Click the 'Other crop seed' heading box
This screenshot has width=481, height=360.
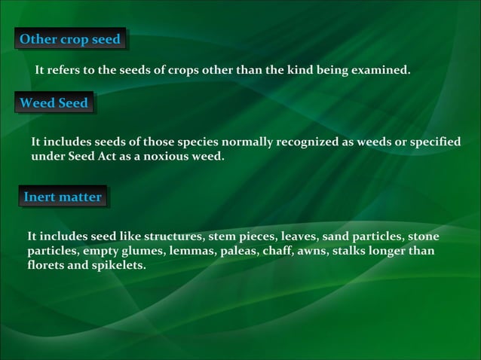[70, 39]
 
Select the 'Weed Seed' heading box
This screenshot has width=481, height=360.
[54, 102]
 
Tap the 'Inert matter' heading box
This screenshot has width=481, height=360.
[63, 197]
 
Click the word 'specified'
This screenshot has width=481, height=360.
[432, 143]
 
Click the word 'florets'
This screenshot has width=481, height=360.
[46, 265]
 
